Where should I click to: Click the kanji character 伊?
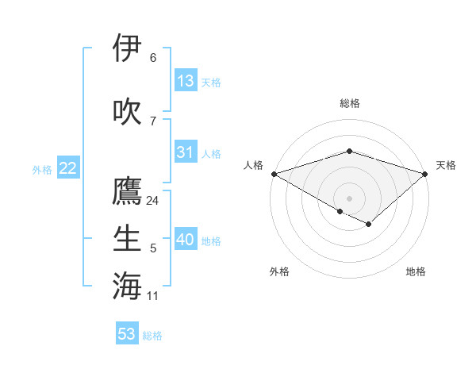pos(127,48)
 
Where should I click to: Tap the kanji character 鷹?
pos(127,191)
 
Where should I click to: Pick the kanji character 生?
pos(127,238)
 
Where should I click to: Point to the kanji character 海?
pos(127,285)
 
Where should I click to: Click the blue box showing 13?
pos(185,81)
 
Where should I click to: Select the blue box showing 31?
pos(185,152)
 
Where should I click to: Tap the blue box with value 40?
pos(186,240)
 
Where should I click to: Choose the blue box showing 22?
pos(67,168)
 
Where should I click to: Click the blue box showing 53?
pos(127,334)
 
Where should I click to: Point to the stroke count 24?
pos(153,201)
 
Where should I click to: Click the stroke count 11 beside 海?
pos(153,296)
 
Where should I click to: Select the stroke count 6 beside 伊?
pos(153,58)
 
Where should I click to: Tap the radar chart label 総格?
pos(350,103)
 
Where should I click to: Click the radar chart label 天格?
pos(446,165)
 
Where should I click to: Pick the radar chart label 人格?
pos(254,165)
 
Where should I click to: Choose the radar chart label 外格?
pos(279,271)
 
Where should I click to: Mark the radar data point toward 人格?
pos(274,174)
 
